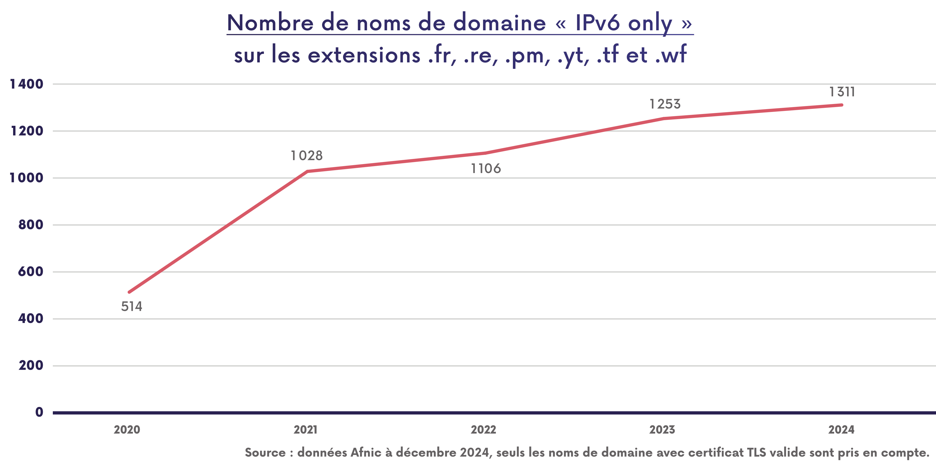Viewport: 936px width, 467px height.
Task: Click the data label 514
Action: tap(132, 306)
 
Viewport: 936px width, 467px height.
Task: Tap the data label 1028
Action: tap(307, 156)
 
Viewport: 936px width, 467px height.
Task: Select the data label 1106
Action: tap(486, 168)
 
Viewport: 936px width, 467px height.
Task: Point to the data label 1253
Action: tap(665, 104)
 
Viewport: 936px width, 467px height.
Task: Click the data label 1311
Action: tap(842, 92)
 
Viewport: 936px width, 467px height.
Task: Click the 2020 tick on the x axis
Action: tap(127, 430)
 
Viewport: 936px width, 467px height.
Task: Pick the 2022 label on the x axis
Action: tap(483, 430)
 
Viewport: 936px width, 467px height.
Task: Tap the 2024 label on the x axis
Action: tap(841, 430)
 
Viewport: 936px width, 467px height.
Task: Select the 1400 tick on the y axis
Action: tap(26, 84)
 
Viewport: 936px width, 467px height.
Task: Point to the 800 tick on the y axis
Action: tap(31, 225)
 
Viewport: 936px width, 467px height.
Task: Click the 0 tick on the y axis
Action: tap(39, 412)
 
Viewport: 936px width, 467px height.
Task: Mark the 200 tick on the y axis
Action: tap(31, 365)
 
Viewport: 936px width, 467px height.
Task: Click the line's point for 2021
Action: tap(307, 171)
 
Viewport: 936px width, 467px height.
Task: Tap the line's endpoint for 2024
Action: tap(842, 105)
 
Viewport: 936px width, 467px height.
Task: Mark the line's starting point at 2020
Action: tap(129, 292)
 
